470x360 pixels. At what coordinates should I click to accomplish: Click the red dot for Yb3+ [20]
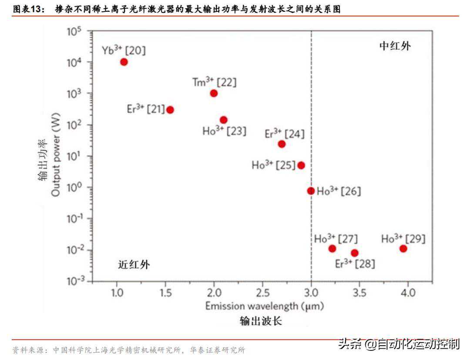(x=124, y=62)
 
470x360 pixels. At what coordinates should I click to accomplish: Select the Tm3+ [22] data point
(x=214, y=93)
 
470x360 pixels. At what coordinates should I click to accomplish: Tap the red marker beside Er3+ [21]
(x=170, y=110)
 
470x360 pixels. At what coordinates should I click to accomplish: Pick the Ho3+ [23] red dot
(x=224, y=120)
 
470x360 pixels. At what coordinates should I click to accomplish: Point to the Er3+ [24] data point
(x=282, y=144)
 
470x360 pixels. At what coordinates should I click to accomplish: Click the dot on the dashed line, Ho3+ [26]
(x=311, y=190)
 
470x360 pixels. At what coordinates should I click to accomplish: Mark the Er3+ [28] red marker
(x=355, y=253)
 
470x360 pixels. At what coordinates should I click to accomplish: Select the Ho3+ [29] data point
(x=403, y=249)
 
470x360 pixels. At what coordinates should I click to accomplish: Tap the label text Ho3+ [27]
(x=336, y=239)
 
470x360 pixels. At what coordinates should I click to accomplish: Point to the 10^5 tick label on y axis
(x=74, y=32)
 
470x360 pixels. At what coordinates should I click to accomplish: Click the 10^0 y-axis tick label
(x=74, y=187)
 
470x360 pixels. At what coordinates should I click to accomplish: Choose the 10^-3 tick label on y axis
(x=74, y=281)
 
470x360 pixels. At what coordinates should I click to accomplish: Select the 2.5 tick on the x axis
(x=262, y=292)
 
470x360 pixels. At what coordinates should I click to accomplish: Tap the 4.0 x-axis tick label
(x=408, y=292)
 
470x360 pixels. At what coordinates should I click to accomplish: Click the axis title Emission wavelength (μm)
(x=265, y=306)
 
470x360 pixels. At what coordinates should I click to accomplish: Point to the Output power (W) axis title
(x=56, y=154)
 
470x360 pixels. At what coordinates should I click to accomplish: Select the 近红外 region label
(x=134, y=264)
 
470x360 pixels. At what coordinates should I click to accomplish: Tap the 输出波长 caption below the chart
(x=261, y=321)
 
